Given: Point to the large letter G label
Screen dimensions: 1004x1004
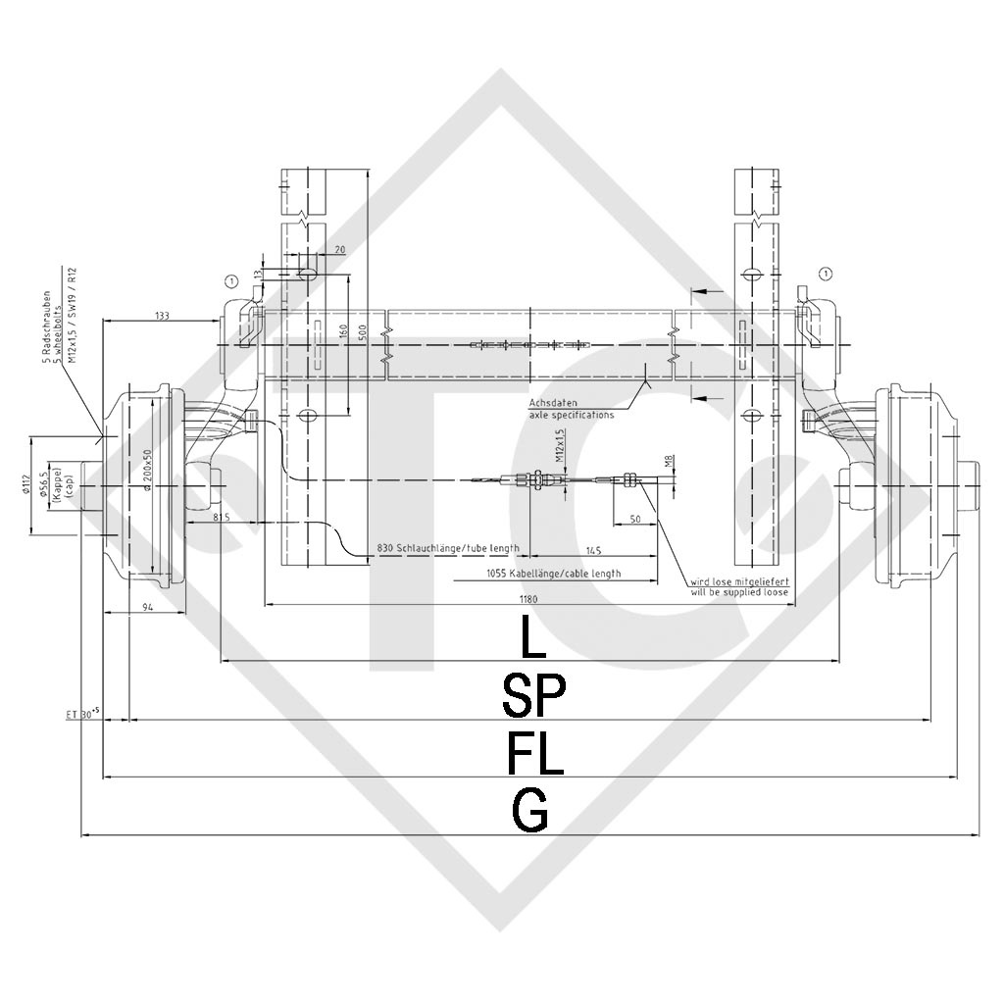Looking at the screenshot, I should point(530,811).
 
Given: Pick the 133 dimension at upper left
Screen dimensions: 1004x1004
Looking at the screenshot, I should point(162,315).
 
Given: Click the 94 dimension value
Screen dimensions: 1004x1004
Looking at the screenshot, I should point(147,608).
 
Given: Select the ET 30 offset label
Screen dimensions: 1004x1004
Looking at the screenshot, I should point(83,716).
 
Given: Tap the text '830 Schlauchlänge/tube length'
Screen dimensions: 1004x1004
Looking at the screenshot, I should point(448,548).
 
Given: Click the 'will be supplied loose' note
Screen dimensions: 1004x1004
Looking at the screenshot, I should point(739,592).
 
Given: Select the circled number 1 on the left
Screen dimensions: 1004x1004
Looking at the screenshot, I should point(230,280).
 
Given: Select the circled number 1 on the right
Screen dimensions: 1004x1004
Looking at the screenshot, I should point(826,273).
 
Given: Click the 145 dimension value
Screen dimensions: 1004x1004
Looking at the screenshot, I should point(593,549).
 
